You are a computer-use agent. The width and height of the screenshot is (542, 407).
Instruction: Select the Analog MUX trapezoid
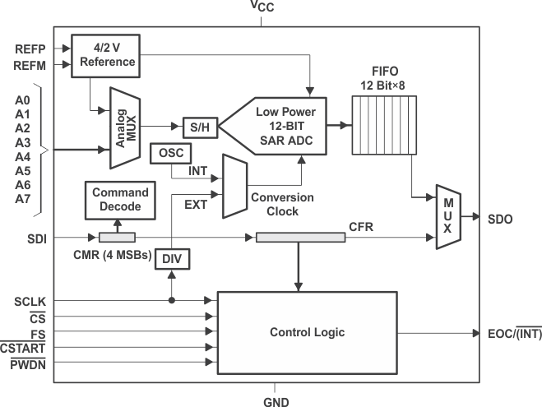tap(126, 128)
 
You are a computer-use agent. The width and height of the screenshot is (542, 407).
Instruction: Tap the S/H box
tap(197, 128)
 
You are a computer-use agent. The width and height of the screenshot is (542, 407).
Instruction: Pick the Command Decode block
tap(121, 200)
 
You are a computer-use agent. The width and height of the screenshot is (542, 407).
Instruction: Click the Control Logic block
tap(307, 332)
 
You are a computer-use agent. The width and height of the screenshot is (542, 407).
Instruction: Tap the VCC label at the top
tap(262, 7)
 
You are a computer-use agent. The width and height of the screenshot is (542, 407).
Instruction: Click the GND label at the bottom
tap(276, 401)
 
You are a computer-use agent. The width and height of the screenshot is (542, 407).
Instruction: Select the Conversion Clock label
tap(281, 204)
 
